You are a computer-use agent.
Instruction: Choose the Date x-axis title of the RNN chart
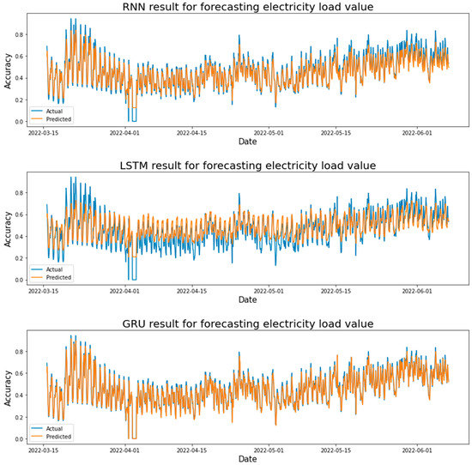point(247,143)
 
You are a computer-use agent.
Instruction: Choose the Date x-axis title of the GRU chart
point(247,460)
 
